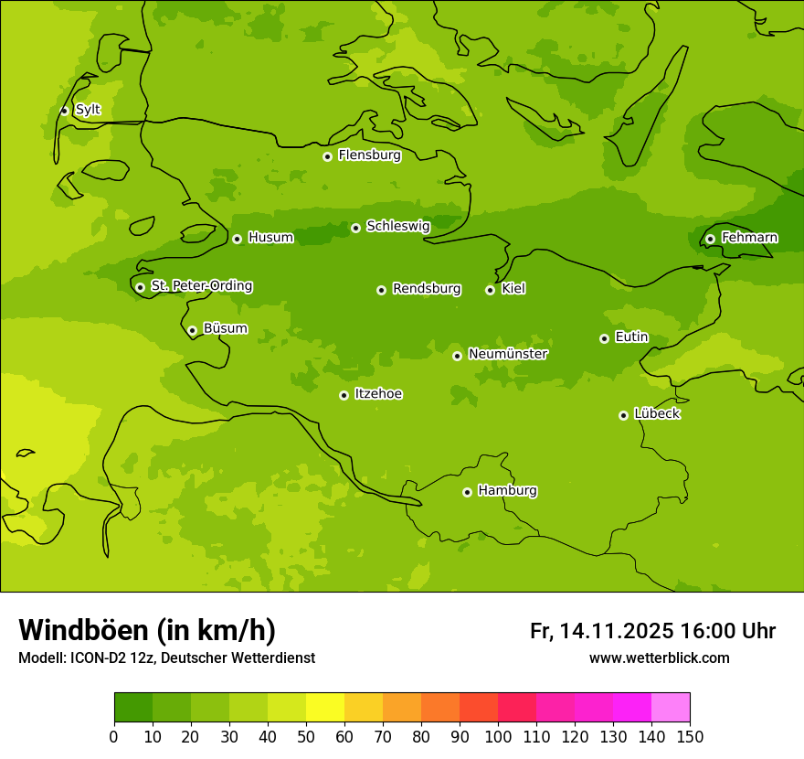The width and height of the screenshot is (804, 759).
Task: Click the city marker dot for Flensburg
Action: (x=327, y=156)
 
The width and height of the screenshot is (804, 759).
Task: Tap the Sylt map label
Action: (x=88, y=110)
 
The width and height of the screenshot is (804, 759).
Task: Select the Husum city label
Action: (x=270, y=238)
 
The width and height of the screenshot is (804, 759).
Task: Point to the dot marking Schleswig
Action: (x=355, y=228)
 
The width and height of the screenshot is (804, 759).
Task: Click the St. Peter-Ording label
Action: (x=201, y=286)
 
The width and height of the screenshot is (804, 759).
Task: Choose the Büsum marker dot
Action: (x=192, y=330)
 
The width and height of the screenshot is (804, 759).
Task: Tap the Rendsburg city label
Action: (x=427, y=289)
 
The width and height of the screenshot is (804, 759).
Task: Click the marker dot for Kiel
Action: (x=490, y=290)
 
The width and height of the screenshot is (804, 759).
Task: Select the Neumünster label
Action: (x=507, y=354)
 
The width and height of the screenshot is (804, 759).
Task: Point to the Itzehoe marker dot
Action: (x=344, y=395)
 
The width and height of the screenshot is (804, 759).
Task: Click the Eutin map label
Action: (x=631, y=337)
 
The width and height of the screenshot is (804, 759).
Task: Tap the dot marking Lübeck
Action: (x=623, y=415)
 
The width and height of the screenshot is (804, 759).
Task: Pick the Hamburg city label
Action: (x=507, y=491)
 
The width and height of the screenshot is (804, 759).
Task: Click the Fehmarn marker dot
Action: (x=710, y=239)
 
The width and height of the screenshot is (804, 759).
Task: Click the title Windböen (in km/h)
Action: (x=147, y=630)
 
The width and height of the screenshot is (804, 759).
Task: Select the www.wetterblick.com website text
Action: (x=659, y=658)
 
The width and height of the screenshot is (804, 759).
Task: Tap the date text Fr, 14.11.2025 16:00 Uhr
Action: (x=652, y=631)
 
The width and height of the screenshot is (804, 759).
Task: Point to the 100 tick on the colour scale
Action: (x=498, y=736)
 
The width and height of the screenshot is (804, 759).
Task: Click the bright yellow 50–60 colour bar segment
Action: (x=325, y=708)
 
